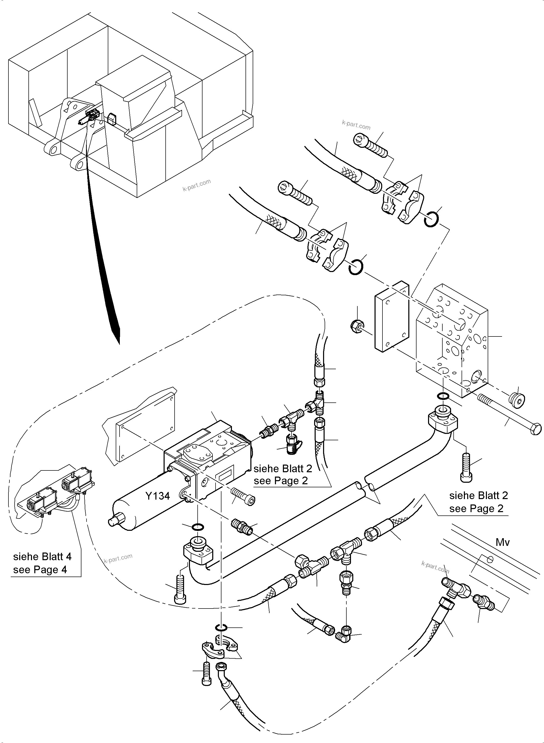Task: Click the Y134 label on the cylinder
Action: [157, 496]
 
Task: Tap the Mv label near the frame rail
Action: [503, 542]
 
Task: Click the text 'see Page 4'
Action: [40, 570]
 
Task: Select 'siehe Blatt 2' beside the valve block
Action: [478, 495]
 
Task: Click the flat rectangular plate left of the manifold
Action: [391, 317]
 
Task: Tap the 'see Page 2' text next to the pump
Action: [281, 481]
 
